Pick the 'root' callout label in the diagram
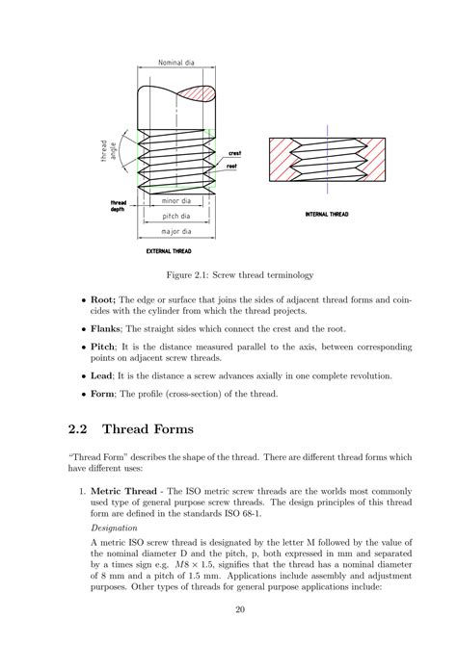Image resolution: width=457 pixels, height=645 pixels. coord(232,166)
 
